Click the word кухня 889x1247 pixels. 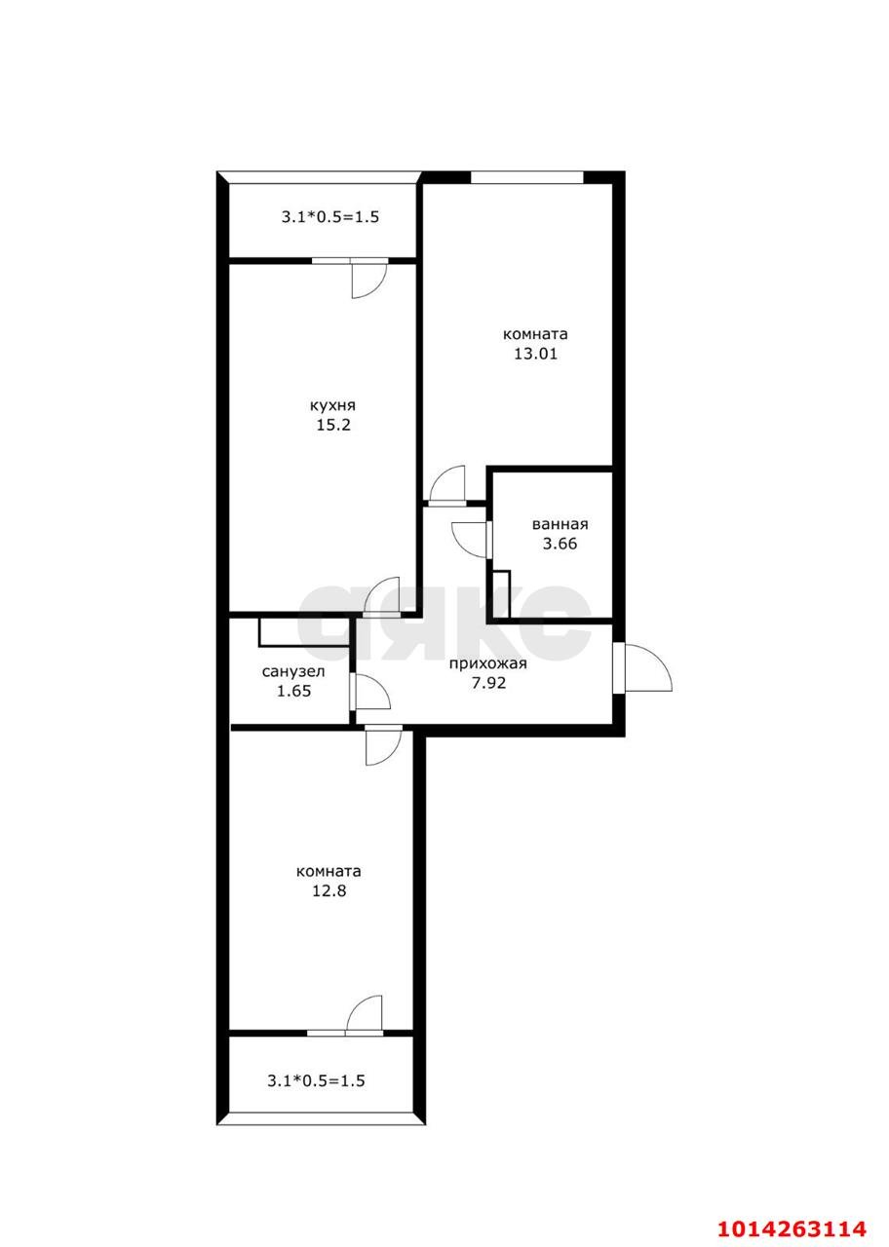tap(332, 406)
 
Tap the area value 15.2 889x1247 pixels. tap(333, 426)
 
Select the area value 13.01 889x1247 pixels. tap(535, 354)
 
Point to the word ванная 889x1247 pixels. tap(560, 524)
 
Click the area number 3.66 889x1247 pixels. tap(560, 544)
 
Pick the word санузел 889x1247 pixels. tap(293, 672)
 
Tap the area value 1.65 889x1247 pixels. tap(293, 692)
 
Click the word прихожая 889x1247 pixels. tap(488, 664)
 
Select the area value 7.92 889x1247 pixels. tap(488, 683)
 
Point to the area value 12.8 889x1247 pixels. tap(329, 890)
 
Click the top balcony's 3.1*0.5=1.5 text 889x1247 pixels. tap(330, 216)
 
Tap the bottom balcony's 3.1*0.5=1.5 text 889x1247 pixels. tap(317, 1081)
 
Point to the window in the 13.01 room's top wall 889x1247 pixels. tap(527, 177)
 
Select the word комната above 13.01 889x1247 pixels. tap(535, 334)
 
